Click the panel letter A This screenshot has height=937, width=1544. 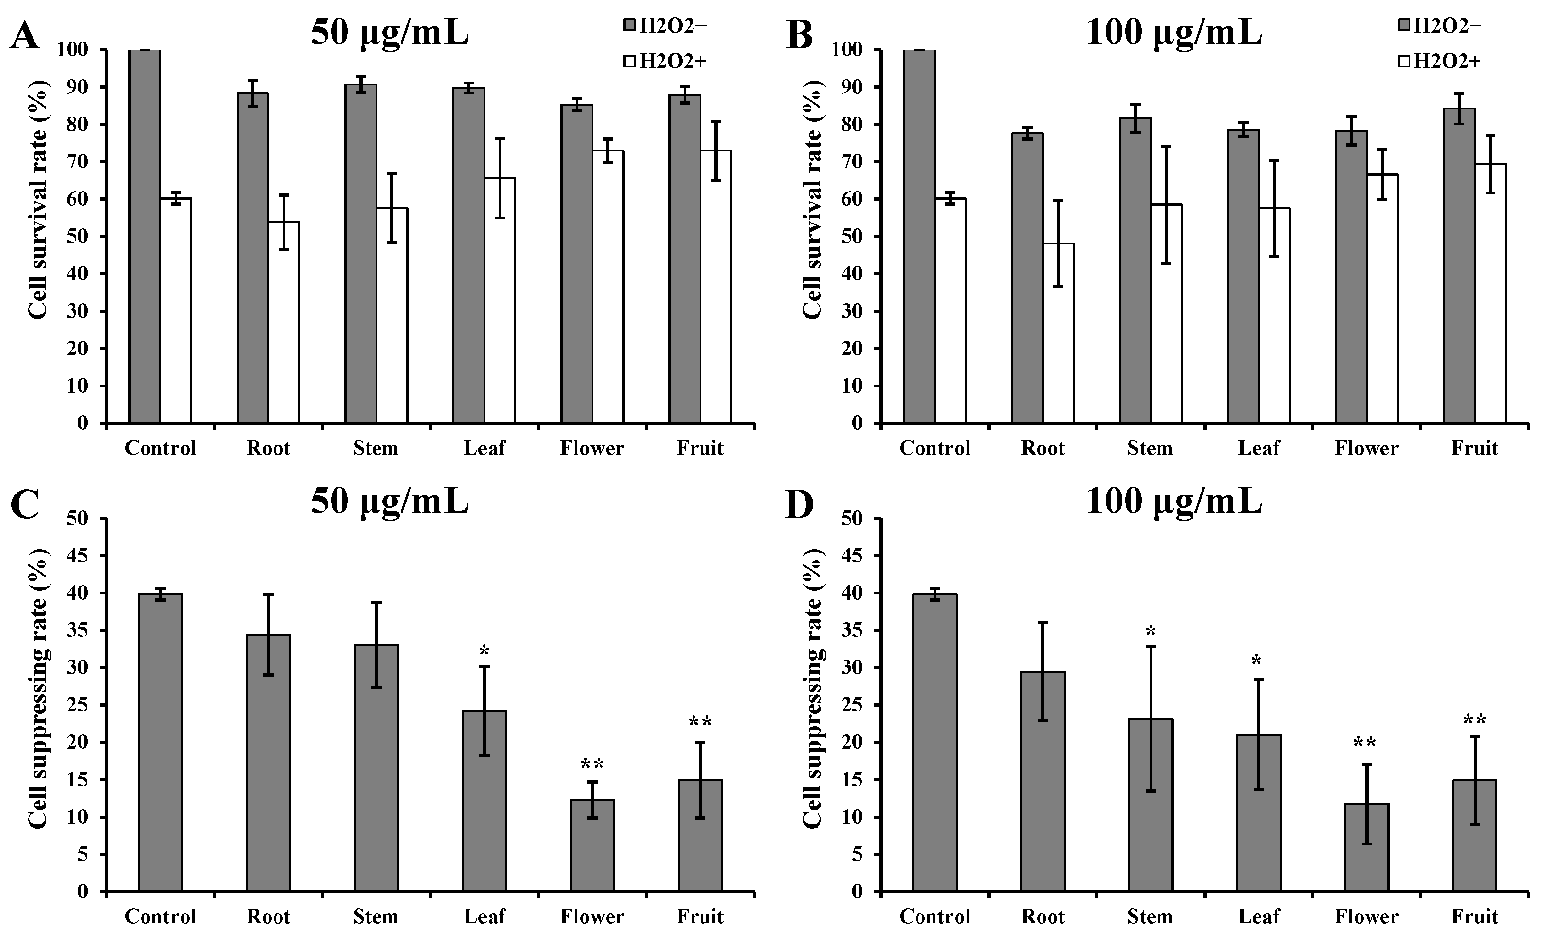(25, 36)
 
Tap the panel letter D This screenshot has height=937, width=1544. (800, 505)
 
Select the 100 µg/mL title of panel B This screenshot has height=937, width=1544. (1173, 33)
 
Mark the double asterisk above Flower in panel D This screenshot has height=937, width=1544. (1364, 744)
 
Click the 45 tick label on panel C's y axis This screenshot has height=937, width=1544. (78, 556)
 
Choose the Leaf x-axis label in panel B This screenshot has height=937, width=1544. (1258, 448)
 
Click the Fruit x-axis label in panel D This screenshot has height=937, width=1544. (1475, 916)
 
